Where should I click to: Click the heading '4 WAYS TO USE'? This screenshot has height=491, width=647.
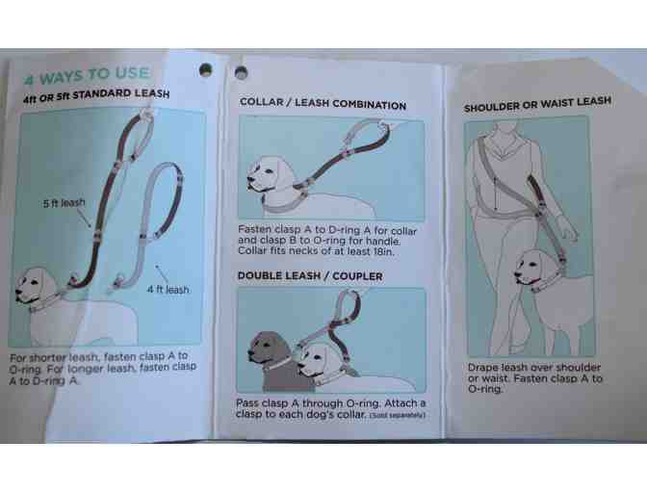[x=87, y=75]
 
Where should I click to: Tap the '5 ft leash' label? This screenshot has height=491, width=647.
[x=64, y=203]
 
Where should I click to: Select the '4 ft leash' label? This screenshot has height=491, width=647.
[x=168, y=289]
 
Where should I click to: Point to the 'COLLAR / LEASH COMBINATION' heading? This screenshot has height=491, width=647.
[x=323, y=103]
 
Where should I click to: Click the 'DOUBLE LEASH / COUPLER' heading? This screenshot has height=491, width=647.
[x=310, y=276]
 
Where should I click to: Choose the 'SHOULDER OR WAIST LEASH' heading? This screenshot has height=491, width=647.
[x=537, y=104]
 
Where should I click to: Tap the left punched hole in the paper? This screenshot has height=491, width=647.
[x=205, y=69]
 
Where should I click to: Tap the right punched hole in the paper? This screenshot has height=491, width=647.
[x=241, y=72]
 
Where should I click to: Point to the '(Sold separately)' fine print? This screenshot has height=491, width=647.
[x=397, y=415]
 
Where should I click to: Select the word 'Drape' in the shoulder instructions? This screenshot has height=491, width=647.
[x=482, y=367]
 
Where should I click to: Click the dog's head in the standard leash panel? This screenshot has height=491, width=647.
[x=35, y=286]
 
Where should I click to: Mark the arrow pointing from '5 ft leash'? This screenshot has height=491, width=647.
[x=84, y=219]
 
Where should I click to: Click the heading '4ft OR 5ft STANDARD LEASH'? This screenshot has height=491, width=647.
[x=96, y=95]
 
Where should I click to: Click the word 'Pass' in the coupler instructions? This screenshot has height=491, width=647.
[x=247, y=403]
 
